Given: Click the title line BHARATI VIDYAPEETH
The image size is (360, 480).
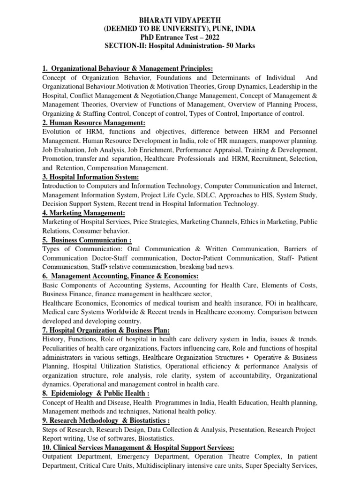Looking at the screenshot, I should click(x=180, y=20).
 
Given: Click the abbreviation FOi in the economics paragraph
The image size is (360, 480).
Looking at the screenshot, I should click(x=266, y=303).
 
